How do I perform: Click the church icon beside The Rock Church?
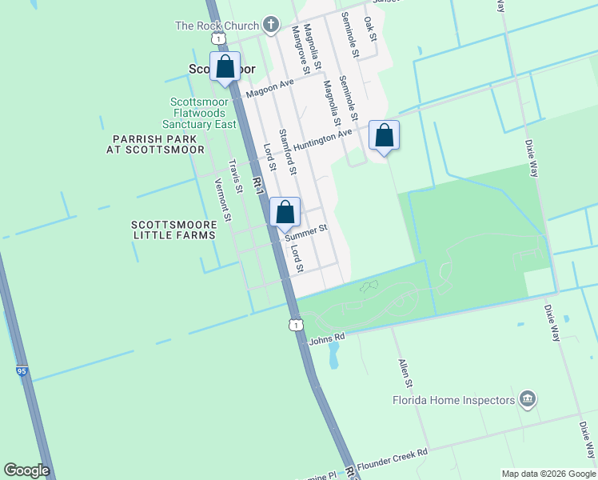[x=271, y=25]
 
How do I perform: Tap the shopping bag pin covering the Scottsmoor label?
[x=225, y=67]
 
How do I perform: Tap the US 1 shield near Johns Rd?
[x=297, y=325]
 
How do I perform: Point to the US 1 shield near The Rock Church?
[x=217, y=38]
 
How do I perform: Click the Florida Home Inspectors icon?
[x=527, y=398]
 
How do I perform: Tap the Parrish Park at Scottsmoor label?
[x=158, y=144]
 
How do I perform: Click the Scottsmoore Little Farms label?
[x=173, y=230]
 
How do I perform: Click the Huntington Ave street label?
[x=322, y=140]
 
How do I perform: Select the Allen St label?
[x=405, y=369]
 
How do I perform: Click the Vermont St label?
[x=222, y=199]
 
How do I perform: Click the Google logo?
[x=27, y=470]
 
